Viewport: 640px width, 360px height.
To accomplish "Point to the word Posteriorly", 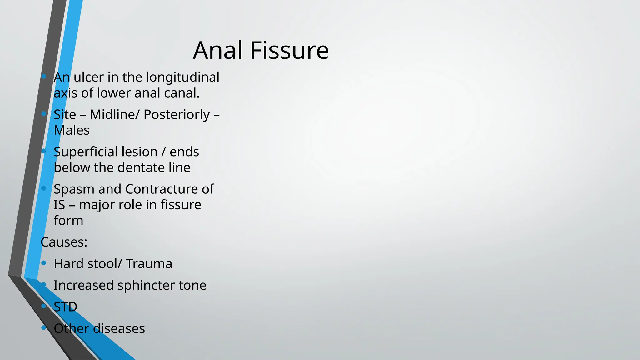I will pos(177,115).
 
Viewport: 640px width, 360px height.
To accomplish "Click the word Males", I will pos(72,130).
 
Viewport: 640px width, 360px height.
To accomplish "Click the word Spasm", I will pos(74,189).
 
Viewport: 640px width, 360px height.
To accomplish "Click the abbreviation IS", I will pos(59,205).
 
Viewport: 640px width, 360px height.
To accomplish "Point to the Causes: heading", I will pos(64,242).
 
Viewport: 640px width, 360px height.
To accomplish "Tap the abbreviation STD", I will pos(65,307).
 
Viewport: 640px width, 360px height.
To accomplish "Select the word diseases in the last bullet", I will pos(119,328).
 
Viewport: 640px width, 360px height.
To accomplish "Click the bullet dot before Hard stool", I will pos(44,263).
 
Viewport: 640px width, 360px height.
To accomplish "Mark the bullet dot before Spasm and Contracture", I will pos(44,188).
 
